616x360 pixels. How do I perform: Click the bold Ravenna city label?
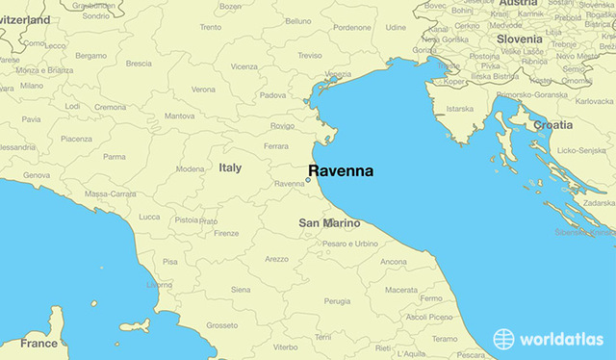coord(341,173)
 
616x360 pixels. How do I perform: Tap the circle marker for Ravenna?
coord(308,179)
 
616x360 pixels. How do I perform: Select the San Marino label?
coord(329,223)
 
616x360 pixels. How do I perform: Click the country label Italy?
coord(230,167)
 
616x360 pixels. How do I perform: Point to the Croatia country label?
coord(552,125)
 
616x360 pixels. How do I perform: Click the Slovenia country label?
coord(520,39)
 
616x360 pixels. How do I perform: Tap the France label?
coord(39,343)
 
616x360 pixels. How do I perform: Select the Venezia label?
coord(338,75)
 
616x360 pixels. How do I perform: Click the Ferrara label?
coord(276,146)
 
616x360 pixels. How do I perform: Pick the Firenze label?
coord(226,233)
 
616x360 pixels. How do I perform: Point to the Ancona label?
coord(394,262)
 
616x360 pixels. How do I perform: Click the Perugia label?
coord(337,301)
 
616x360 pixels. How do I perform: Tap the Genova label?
coord(37,175)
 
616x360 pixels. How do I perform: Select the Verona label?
coord(203,90)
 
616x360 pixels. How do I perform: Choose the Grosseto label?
coord(221,325)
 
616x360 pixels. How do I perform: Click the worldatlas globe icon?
coord(504,339)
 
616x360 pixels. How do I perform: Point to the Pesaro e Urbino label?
coord(351,244)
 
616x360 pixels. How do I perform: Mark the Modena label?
coord(190,168)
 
